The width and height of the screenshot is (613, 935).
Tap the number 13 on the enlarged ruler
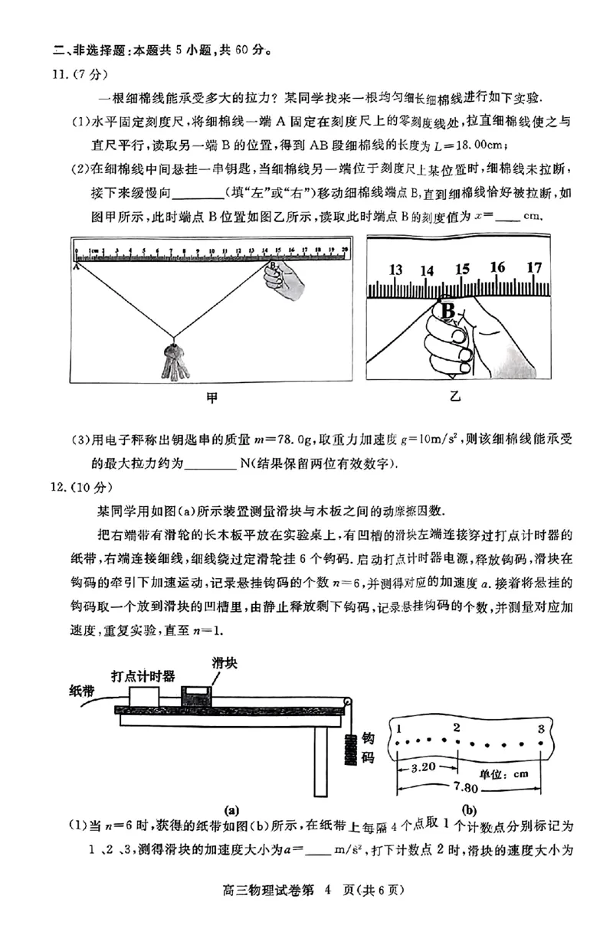(395, 270)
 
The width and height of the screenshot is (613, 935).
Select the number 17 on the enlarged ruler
(533, 267)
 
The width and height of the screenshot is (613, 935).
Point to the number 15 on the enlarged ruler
(461, 270)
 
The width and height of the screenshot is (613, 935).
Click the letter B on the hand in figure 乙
(447, 310)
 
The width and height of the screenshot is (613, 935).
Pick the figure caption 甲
(211, 398)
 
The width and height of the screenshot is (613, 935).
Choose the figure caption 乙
(457, 398)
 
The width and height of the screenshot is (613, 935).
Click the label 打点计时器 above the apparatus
(143, 675)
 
